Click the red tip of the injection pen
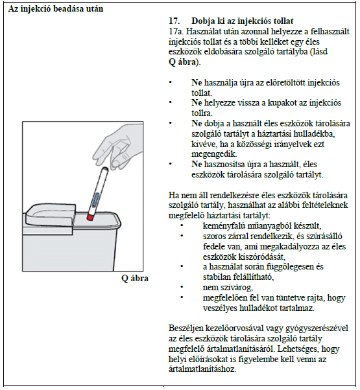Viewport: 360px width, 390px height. (x=90, y=218)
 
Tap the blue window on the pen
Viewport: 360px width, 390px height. (x=95, y=200)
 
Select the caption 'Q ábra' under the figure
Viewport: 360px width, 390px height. (x=135, y=279)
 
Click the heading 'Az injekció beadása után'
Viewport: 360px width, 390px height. (x=56, y=8)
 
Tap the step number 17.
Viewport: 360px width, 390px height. (x=174, y=21)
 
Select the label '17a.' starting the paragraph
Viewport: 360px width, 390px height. (x=176, y=32)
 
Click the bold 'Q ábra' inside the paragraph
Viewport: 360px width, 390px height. (x=182, y=62)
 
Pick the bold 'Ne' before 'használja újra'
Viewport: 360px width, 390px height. (x=197, y=82)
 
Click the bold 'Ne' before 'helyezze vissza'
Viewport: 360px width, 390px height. (x=197, y=103)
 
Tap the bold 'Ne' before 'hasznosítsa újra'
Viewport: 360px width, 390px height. (x=197, y=164)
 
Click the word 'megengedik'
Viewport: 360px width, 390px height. (x=213, y=154)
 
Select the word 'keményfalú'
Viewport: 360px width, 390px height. (x=222, y=226)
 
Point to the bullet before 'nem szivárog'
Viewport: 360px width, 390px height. (x=182, y=287)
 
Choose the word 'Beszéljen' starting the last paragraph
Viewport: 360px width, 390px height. (x=186, y=328)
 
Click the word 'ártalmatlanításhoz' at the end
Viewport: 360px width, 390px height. (x=202, y=369)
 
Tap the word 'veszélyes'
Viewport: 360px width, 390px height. (x=220, y=308)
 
